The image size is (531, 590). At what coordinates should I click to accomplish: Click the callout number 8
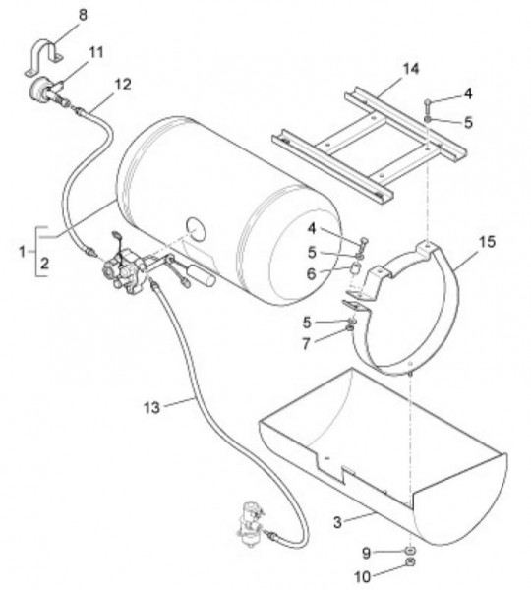(x=83, y=15)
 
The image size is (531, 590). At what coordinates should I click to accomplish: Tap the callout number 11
(x=96, y=52)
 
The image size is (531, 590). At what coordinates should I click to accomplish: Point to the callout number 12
(x=123, y=85)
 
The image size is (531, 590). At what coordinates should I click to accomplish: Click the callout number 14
(x=411, y=69)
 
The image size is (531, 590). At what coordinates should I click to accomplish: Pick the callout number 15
(x=487, y=242)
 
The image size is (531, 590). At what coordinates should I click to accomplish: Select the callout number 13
(x=151, y=407)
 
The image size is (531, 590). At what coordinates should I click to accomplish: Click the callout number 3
(x=337, y=522)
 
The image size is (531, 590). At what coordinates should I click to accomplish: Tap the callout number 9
(x=366, y=553)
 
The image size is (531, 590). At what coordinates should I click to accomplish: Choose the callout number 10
(x=363, y=576)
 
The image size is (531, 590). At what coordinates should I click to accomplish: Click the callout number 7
(x=306, y=343)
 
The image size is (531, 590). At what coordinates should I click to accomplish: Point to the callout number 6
(x=311, y=274)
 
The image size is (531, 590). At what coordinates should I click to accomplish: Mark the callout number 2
(x=44, y=264)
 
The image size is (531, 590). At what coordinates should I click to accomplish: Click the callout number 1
(x=23, y=252)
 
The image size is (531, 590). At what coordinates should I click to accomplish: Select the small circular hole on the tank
(x=196, y=229)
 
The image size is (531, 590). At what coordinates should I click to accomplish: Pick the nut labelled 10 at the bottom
(x=410, y=562)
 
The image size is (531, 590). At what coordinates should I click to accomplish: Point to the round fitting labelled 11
(x=38, y=89)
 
